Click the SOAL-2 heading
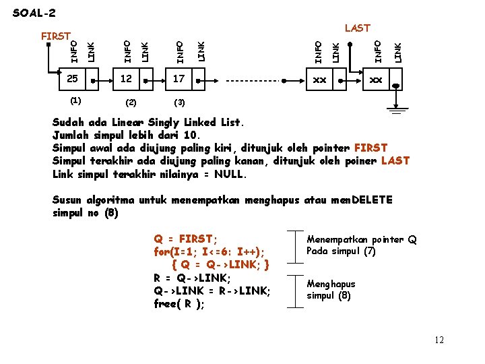(34, 13)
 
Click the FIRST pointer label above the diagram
(56, 36)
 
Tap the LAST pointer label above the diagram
(357, 28)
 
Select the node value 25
(73, 80)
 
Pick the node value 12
(126, 80)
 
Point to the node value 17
(179, 80)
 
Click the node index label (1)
(75, 101)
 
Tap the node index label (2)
(131, 102)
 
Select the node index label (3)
(179, 102)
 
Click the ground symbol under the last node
(395, 110)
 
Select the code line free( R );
(179, 303)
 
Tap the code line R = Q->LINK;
(192, 278)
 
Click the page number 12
(439, 340)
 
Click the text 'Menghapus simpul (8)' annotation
(331, 289)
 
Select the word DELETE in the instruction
(372, 200)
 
